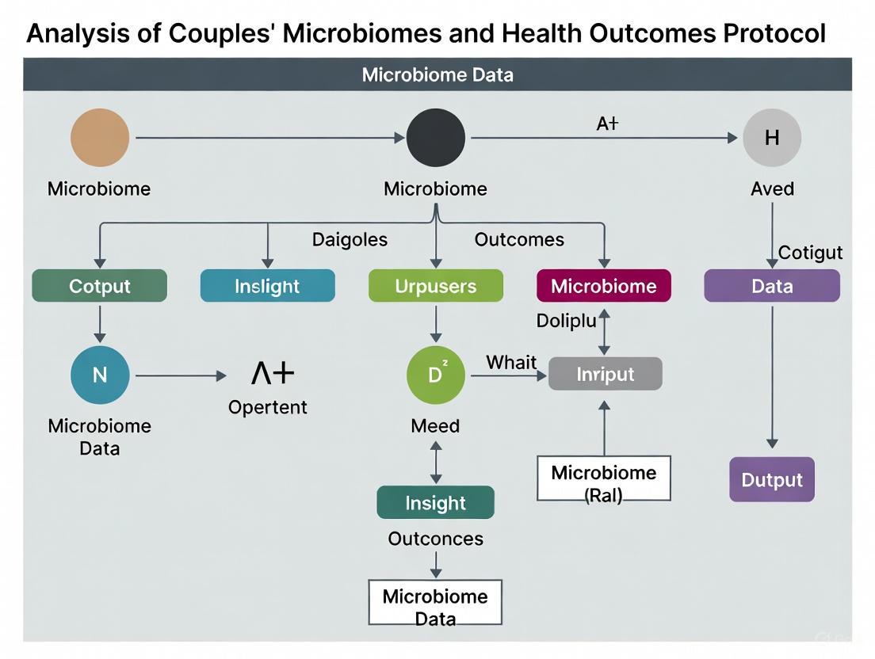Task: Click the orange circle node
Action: [100, 138]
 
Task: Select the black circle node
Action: [436, 138]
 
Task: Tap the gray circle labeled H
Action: [772, 138]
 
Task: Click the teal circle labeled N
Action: [100, 375]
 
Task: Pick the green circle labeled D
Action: [436, 375]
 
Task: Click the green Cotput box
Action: [100, 286]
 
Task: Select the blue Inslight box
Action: [268, 286]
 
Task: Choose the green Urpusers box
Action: [436, 286]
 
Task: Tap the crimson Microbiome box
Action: [604, 286]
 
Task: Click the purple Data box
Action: [772, 286]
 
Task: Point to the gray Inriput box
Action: [606, 374]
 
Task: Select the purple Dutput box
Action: [772, 479]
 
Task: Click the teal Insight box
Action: [436, 503]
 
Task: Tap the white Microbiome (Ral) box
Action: [604, 478]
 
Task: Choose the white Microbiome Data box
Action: [436, 604]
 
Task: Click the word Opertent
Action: [268, 407]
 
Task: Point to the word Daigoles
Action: [350, 239]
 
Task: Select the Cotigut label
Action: [810, 253]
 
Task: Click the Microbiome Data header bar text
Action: [437, 75]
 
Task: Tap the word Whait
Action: [511, 363]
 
